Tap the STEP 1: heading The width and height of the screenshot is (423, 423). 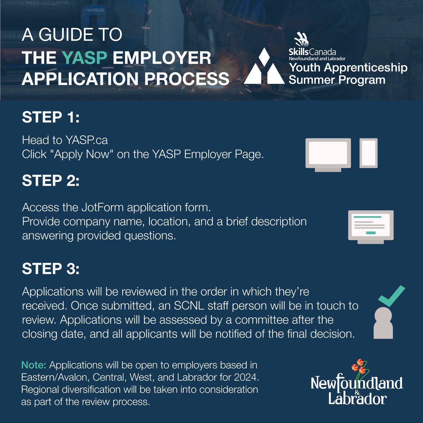coord(51,117)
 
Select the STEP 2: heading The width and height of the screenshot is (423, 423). coord(51,181)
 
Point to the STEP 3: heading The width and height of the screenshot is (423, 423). coord(51,269)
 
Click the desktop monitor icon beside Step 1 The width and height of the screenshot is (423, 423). coord(328,154)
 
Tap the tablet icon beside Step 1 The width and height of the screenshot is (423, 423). coord(368,153)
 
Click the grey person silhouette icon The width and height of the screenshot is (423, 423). coord(382,323)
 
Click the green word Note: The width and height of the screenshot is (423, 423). coord(34,365)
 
